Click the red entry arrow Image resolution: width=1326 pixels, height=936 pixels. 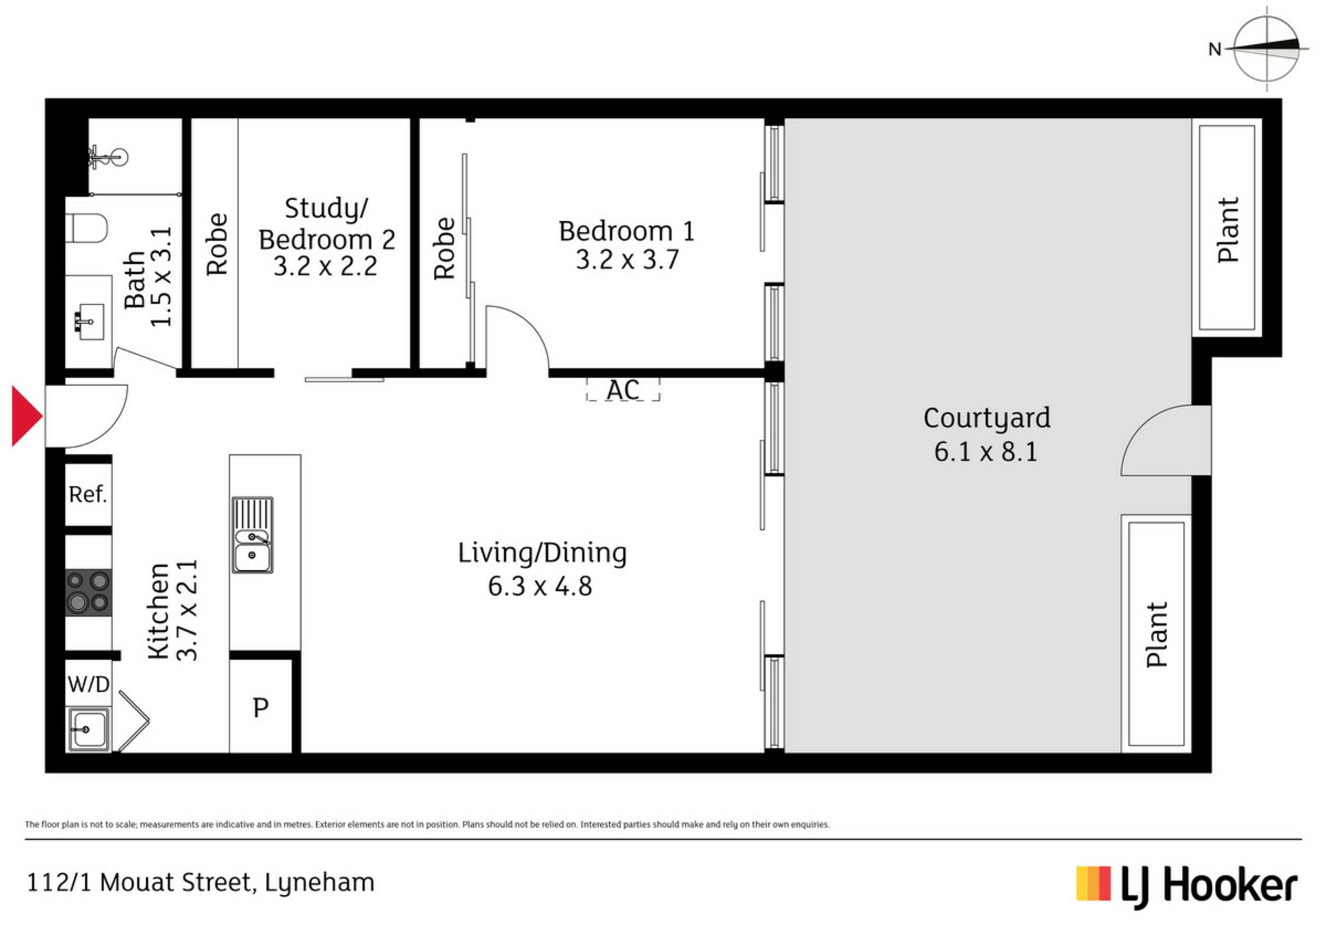(x=26, y=416)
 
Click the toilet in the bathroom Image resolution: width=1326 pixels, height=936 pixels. (x=86, y=228)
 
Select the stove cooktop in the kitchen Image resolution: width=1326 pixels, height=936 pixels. (x=88, y=592)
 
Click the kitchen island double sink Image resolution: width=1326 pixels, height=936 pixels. (x=252, y=535)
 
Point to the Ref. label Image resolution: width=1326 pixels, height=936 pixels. (x=88, y=494)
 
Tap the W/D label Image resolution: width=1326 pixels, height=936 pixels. (x=88, y=684)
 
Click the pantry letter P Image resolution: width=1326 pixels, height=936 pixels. (x=260, y=708)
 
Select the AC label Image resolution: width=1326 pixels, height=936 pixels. (x=623, y=390)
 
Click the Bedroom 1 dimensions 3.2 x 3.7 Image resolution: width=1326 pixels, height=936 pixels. (x=627, y=260)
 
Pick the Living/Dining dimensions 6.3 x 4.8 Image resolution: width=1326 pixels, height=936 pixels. (x=540, y=586)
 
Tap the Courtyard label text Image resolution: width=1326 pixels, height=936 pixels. (x=987, y=418)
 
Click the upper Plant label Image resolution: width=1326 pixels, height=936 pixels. (x=1228, y=230)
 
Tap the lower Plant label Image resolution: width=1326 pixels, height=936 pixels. (x=1157, y=634)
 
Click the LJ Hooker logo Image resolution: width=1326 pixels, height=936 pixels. (x=1186, y=886)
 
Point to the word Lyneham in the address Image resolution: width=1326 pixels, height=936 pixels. (x=320, y=883)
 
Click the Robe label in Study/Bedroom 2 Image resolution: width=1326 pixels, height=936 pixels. (x=217, y=244)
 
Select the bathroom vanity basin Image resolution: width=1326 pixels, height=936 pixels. (x=90, y=322)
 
